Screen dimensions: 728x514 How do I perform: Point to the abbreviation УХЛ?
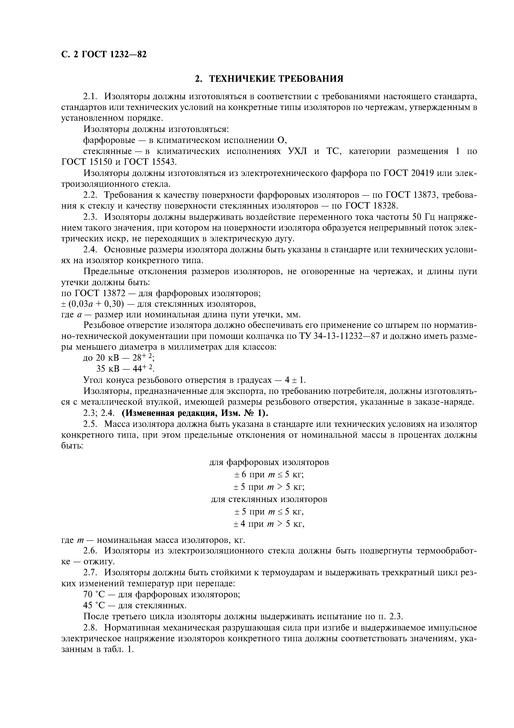297,151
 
